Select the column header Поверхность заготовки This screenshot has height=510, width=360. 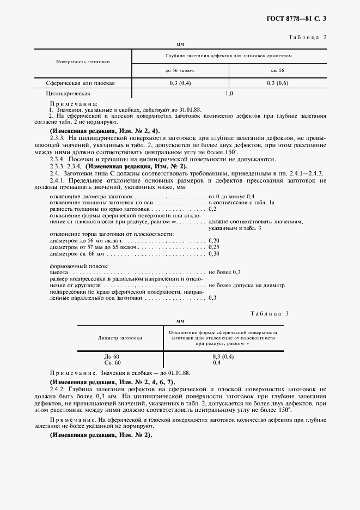pyautogui.click(x=83, y=62)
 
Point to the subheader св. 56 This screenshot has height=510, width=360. pyautogui.click(x=277, y=71)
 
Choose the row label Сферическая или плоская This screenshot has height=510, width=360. pyautogui.click(x=81, y=83)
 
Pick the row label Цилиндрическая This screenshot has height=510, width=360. pyautogui.click(x=68, y=94)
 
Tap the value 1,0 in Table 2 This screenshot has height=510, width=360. pyautogui.click(x=229, y=94)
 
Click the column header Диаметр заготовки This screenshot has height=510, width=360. pyautogui.click(x=120, y=338)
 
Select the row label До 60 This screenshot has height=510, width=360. pyautogui.click(x=112, y=357)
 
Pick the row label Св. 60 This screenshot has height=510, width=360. pyautogui.click(x=112, y=362)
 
